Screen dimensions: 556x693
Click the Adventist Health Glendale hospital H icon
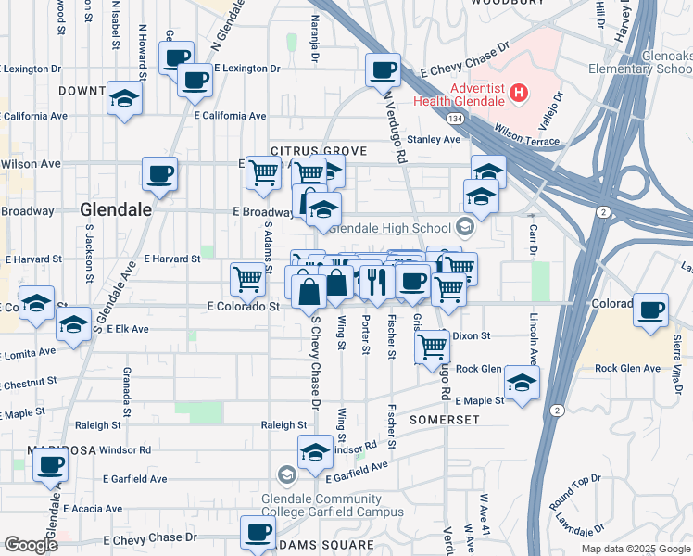519,93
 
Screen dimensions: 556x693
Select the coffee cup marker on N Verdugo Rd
382,69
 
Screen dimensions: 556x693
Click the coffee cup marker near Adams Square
258,532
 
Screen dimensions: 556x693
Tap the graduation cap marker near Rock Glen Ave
522,383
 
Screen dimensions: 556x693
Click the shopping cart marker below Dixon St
432,347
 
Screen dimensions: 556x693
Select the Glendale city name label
116,209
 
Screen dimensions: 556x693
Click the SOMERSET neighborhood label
445,420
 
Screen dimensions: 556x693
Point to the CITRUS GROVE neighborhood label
319,150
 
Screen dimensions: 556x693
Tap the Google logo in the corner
31,545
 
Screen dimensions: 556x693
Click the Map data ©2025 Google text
636,549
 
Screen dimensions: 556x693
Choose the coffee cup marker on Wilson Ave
159,173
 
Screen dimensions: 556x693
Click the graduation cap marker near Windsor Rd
315,452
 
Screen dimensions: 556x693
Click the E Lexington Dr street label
246,69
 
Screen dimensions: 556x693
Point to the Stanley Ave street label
435,140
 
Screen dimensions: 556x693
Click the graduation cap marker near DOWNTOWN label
124,99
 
